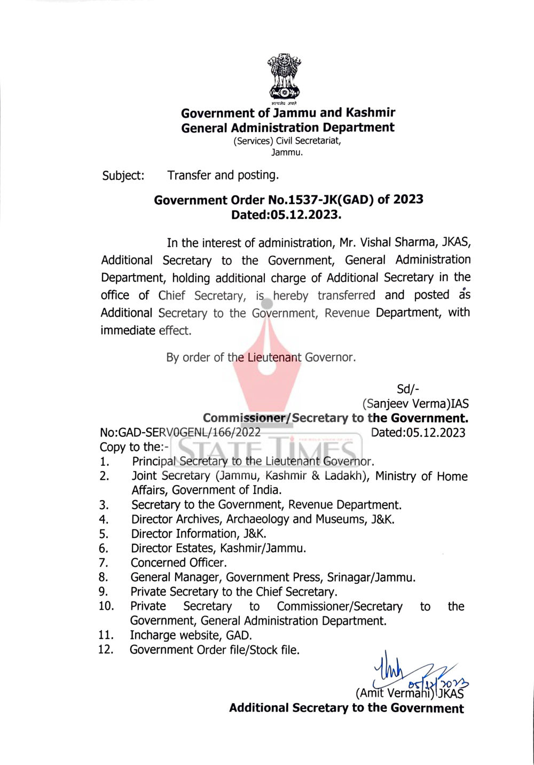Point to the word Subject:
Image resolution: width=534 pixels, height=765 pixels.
click(123, 176)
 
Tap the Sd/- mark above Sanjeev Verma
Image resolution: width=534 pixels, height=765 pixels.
click(408, 389)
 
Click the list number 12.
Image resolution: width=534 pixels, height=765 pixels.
click(106, 650)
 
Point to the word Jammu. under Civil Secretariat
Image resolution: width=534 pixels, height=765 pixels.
click(287, 152)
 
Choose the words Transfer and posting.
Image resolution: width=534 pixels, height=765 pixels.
click(223, 175)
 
